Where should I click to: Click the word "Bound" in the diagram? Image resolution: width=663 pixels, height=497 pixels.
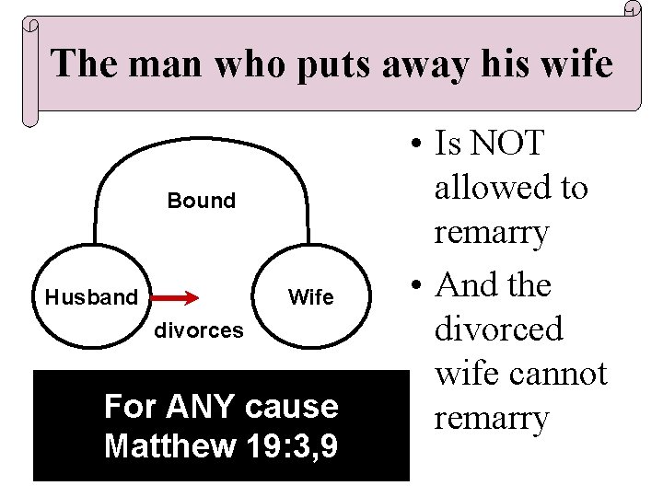201,201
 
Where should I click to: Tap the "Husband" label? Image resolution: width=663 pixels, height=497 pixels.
91,297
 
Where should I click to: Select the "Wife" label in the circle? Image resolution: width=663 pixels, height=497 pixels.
311,297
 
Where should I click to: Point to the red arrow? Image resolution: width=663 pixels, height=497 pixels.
175,297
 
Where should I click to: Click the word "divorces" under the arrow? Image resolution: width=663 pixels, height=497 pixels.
199,329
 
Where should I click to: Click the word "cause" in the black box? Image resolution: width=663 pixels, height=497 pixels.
300,406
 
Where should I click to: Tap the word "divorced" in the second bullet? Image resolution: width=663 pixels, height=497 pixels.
497,329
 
